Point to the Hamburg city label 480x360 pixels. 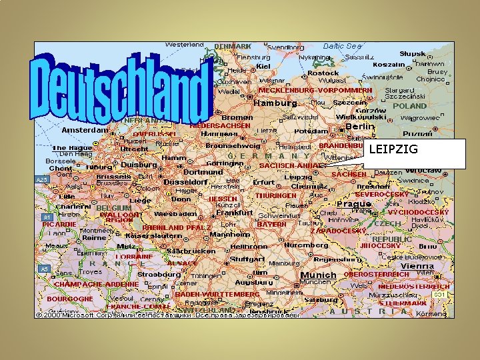click(x=275, y=103)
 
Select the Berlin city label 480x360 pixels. click(x=359, y=126)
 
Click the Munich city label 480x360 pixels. click(x=319, y=275)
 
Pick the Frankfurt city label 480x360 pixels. click(x=235, y=213)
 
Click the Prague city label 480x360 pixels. click(x=354, y=203)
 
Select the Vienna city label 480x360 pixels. click(x=417, y=266)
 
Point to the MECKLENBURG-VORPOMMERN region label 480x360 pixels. click(x=315, y=90)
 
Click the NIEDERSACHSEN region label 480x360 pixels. click(x=220, y=125)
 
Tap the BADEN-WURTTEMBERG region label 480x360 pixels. click(x=217, y=294)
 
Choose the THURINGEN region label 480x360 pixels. click(x=276, y=196)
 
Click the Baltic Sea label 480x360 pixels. click(x=342, y=47)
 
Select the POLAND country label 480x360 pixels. click(x=409, y=106)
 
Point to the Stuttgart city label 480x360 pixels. click(x=247, y=259)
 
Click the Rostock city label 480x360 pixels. click(x=323, y=73)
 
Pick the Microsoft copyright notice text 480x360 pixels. click(x=167, y=314)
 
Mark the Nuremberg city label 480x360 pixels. click(x=307, y=245)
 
